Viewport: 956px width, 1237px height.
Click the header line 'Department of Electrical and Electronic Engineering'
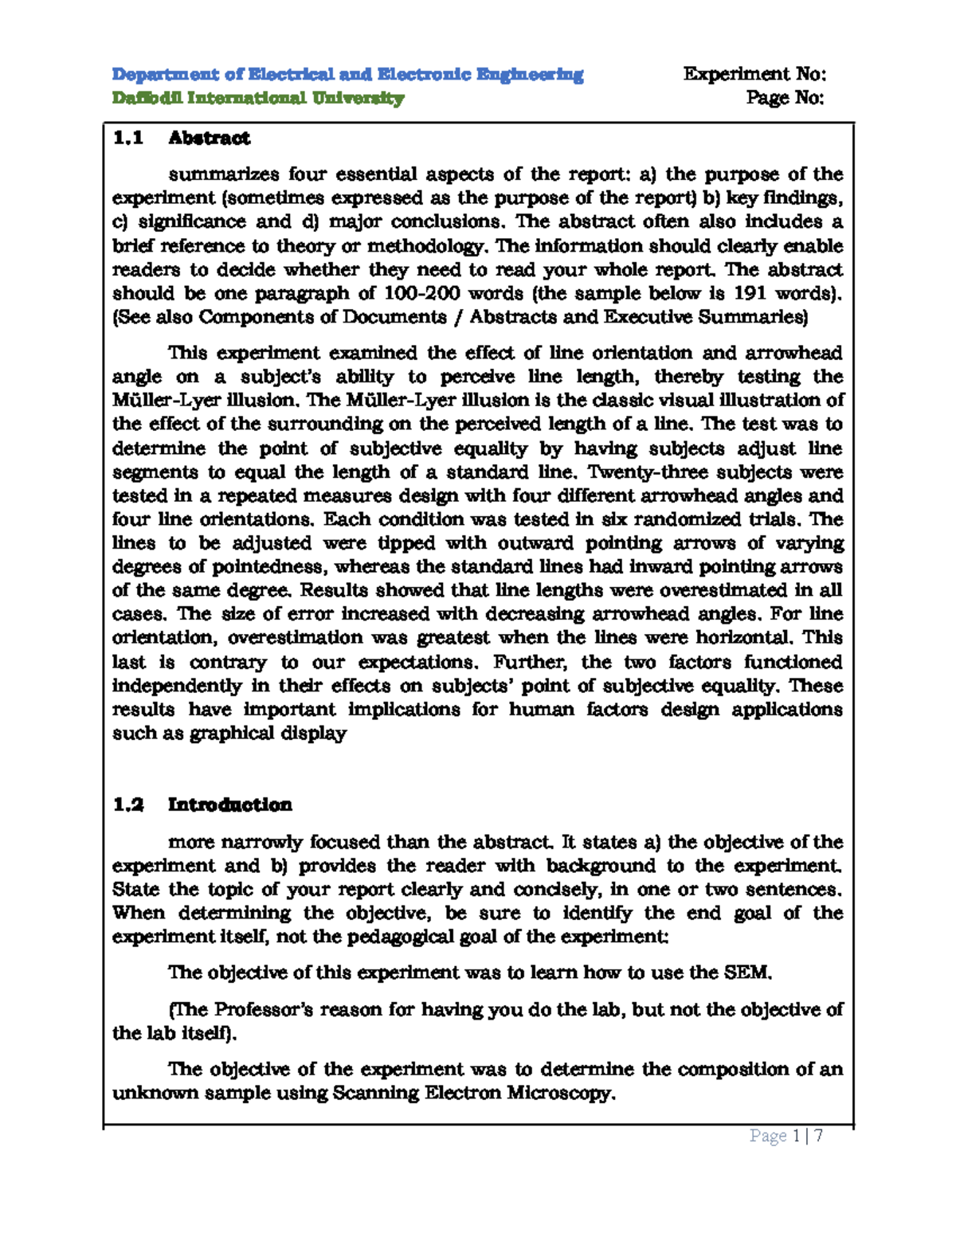tap(347, 75)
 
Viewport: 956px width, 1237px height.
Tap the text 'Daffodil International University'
tap(258, 99)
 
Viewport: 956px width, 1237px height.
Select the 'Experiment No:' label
tap(754, 75)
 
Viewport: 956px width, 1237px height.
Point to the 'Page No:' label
tap(785, 99)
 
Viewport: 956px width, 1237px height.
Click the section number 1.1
tap(127, 139)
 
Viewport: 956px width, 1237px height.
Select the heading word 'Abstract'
tap(209, 139)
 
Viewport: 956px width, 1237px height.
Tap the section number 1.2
tap(127, 805)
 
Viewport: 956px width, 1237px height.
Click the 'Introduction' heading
tap(229, 805)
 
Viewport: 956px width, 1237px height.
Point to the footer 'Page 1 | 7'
tap(786, 1136)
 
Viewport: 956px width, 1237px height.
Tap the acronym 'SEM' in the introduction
tap(747, 973)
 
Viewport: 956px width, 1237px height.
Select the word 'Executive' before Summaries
tap(647, 317)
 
